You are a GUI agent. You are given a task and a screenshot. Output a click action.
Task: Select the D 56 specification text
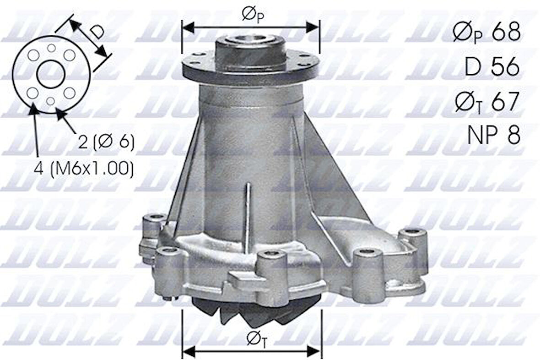(492, 67)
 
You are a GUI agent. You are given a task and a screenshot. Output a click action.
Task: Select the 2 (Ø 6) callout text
(106, 142)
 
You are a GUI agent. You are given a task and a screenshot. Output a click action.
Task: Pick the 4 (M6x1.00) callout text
(84, 169)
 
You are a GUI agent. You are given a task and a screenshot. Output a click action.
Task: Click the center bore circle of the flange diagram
(51, 74)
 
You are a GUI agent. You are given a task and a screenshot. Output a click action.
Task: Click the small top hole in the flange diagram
(51, 48)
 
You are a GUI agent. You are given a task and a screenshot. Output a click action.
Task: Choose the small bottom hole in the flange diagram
(51, 101)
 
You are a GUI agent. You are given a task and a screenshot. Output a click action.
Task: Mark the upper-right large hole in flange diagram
(69, 55)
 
